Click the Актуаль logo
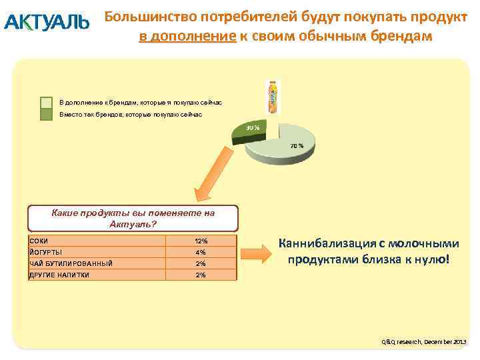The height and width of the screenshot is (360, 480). pos(46,23)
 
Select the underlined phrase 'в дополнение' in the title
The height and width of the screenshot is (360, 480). pos(187,36)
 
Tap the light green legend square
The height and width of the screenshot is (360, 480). pos(46,103)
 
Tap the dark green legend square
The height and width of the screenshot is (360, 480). pos(46,115)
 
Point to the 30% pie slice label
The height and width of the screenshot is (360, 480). pos(253,127)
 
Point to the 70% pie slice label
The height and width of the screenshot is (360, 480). pos(297,145)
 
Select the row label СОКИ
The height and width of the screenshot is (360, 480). pos(39,241)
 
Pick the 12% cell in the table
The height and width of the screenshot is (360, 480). pos(201,241)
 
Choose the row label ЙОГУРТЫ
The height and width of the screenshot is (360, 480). pos(47,252)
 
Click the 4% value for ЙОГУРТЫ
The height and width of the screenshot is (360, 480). pos(201,252)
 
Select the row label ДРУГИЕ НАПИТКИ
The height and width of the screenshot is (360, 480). pos(59,275)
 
